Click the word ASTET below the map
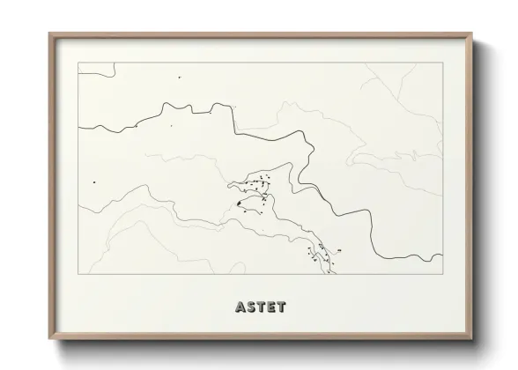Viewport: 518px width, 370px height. click(x=260, y=307)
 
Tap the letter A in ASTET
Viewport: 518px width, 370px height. click(x=240, y=307)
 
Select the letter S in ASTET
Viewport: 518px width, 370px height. click(x=251, y=307)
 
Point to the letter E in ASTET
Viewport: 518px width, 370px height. click(x=270, y=307)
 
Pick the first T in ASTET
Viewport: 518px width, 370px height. click(x=261, y=307)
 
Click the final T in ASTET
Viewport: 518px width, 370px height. click(x=280, y=307)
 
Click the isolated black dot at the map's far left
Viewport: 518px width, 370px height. click(x=94, y=182)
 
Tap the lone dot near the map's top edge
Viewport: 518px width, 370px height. click(x=180, y=78)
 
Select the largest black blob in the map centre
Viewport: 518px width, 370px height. click(x=239, y=204)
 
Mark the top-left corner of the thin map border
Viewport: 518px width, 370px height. click(x=78, y=63)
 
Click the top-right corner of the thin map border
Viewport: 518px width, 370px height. click(x=441, y=63)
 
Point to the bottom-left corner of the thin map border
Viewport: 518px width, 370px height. click(x=78, y=274)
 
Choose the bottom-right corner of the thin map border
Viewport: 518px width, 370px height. click(x=441, y=274)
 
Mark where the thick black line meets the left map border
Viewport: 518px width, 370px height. click(x=78, y=128)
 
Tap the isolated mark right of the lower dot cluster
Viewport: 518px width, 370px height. click(x=339, y=250)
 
